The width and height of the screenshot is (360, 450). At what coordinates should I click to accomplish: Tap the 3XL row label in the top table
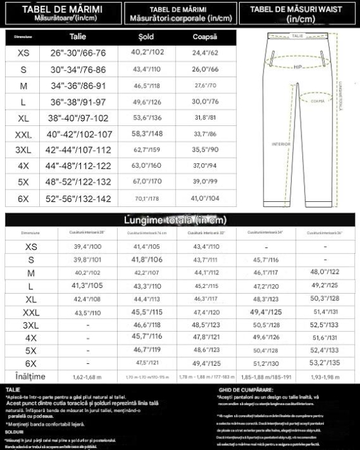point(23,150)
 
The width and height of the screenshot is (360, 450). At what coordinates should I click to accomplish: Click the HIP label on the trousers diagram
point(298,66)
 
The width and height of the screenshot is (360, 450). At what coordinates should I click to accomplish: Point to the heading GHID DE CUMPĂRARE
point(246,389)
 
